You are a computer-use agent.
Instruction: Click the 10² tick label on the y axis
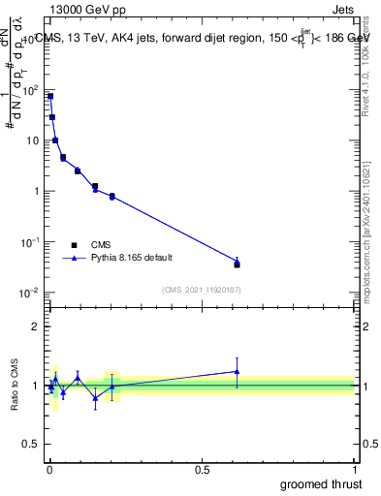coord(30,90)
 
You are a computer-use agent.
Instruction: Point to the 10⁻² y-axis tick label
coord(30,293)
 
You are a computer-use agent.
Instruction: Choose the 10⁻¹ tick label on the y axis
coord(30,242)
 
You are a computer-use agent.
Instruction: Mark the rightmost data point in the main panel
coord(237,263)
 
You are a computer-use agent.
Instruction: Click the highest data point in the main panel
coord(50,96)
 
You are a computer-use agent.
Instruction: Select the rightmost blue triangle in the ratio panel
coord(237,371)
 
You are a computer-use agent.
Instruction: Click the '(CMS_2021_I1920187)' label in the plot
coord(200,290)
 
